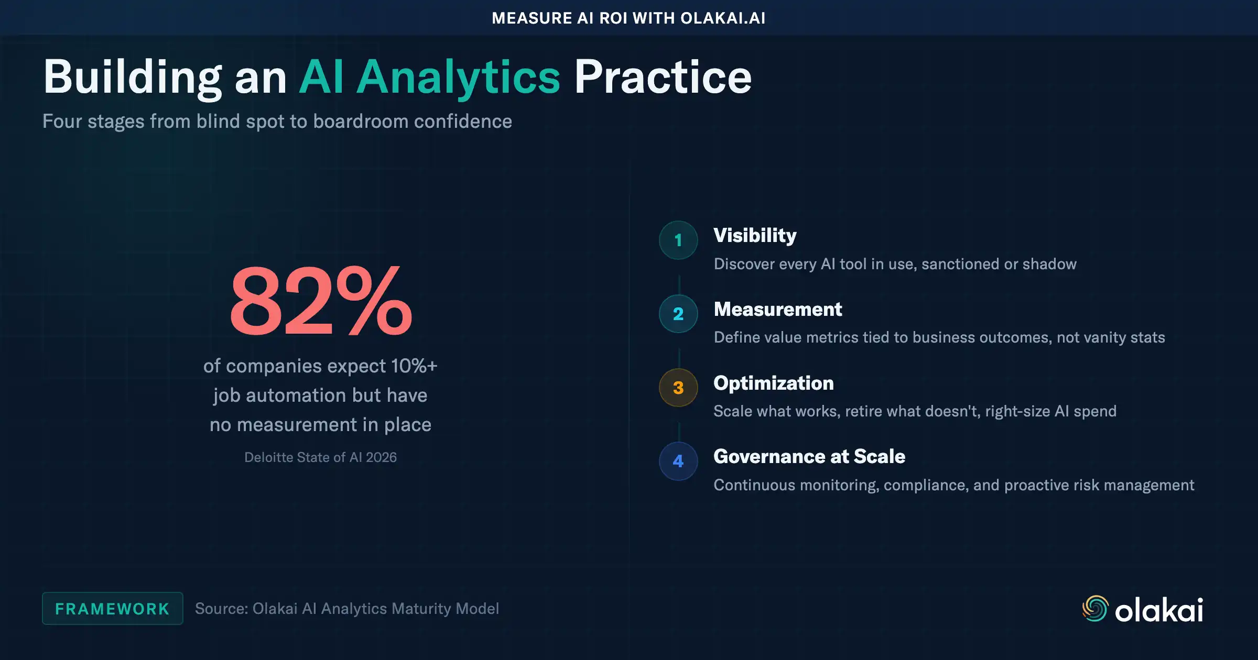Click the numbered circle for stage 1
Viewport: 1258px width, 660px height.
[678, 240]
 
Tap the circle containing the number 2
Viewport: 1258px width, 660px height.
[678, 314]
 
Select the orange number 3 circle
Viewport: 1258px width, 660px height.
[678, 388]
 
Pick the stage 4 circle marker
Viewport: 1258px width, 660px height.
[678, 461]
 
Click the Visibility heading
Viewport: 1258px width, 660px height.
[755, 236]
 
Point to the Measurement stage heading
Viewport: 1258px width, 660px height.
[778, 310]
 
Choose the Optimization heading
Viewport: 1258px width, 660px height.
[773, 383]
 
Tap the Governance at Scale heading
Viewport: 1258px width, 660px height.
[809, 457]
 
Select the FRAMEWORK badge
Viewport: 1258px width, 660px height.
[113, 609]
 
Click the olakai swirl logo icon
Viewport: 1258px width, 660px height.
[1095, 609]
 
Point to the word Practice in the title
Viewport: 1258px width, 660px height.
[663, 77]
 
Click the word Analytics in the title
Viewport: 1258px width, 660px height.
[459, 77]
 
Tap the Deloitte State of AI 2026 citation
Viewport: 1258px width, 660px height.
[320, 457]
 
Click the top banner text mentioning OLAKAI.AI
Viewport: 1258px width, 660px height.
[628, 18]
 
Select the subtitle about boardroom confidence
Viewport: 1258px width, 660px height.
[277, 122]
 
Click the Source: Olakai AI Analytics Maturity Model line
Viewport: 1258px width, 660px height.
[346, 609]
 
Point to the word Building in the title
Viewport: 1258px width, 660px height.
[133, 77]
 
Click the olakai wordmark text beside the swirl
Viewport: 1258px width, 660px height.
[1158, 610]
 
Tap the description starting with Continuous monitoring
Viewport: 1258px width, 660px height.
[953, 485]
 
